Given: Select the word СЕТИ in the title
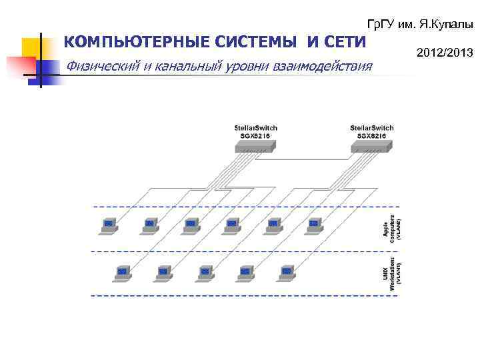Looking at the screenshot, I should pos(343,43).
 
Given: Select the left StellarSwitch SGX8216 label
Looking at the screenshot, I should pos(255,131).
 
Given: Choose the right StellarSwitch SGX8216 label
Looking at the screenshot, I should pos(371,131).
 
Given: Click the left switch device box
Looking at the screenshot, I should pos(255,146).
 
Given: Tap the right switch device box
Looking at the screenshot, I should pos(371,146).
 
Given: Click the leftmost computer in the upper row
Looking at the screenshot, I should pos(107,225).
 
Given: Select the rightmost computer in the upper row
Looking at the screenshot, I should pos(313,225).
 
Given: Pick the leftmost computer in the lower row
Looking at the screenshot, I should pos(122,273).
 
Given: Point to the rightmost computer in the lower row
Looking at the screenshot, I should pos(287,273).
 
